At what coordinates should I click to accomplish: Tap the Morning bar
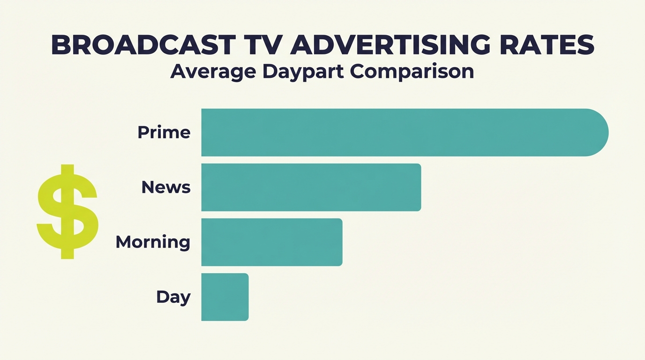tap(271, 242)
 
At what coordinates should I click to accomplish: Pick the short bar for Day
tap(225, 297)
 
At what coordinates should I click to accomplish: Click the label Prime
tap(164, 133)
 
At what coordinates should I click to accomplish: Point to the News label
tap(166, 187)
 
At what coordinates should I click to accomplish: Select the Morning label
tap(153, 242)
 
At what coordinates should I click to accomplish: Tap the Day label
tap(173, 297)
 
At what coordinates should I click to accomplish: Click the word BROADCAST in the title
tap(143, 45)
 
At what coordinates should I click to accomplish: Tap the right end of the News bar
tap(417, 187)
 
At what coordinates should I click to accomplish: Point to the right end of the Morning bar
tap(338, 242)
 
